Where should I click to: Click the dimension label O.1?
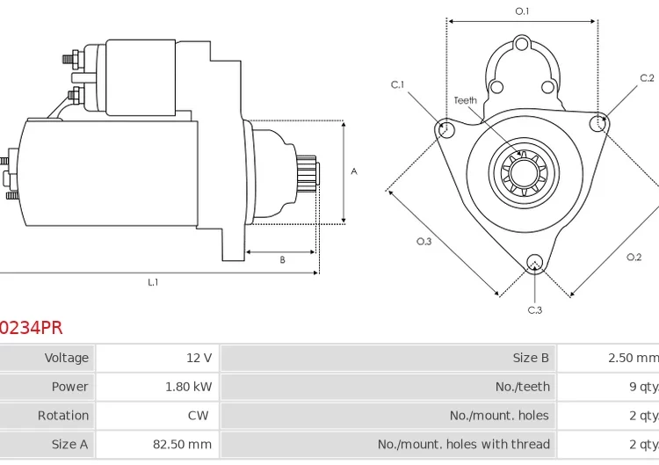pos(522,11)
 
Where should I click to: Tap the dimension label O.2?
pos(634,257)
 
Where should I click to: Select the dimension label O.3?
pos(424,242)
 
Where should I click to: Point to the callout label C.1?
pos(397,85)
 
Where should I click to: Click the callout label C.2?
pos(647,78)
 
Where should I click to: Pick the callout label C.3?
pos(534,309)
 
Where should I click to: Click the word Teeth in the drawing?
pos(466,100)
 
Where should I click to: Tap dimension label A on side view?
pos(354,171)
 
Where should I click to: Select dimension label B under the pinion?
pos(282,260)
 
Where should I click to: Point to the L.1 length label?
pos(153,282)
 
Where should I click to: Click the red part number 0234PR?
pos(31,328)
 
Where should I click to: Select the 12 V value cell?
pos(199,358)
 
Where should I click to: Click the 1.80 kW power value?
pos(188,387)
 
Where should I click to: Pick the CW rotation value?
pos(198,416)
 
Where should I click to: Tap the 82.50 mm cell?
pos(182,445)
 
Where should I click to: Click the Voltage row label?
pos(67,358)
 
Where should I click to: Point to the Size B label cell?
pos(531,358)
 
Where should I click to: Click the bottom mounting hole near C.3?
pos(534,261)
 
